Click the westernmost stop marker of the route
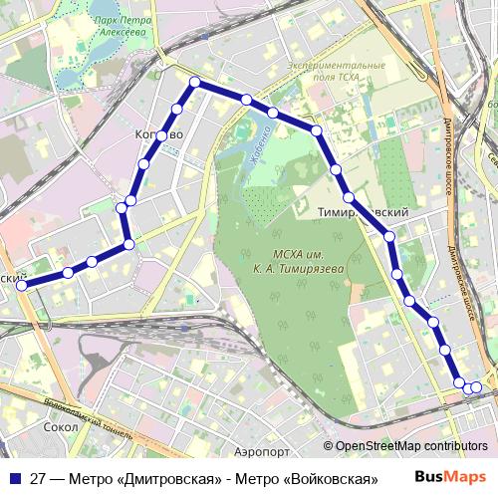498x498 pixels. pyautogui.click(x=22, y=285)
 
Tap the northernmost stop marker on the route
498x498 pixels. pyautogui.click(x=195, y=83)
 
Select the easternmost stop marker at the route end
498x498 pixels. pyautogui.click(x=476, y=387)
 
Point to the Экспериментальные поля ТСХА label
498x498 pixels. pyautogui.click(x=336, y=72)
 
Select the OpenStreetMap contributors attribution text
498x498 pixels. pyautogui.click(x=411, y=446)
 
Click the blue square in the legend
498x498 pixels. pyautogui.click(x=14, y=478)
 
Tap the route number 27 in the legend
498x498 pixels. pyautogui.click(x=38, y=478)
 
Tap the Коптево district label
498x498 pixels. pyautogui.click(x=158, y=134)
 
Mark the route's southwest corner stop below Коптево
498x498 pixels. pyautogui.click(x=127, y=245)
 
